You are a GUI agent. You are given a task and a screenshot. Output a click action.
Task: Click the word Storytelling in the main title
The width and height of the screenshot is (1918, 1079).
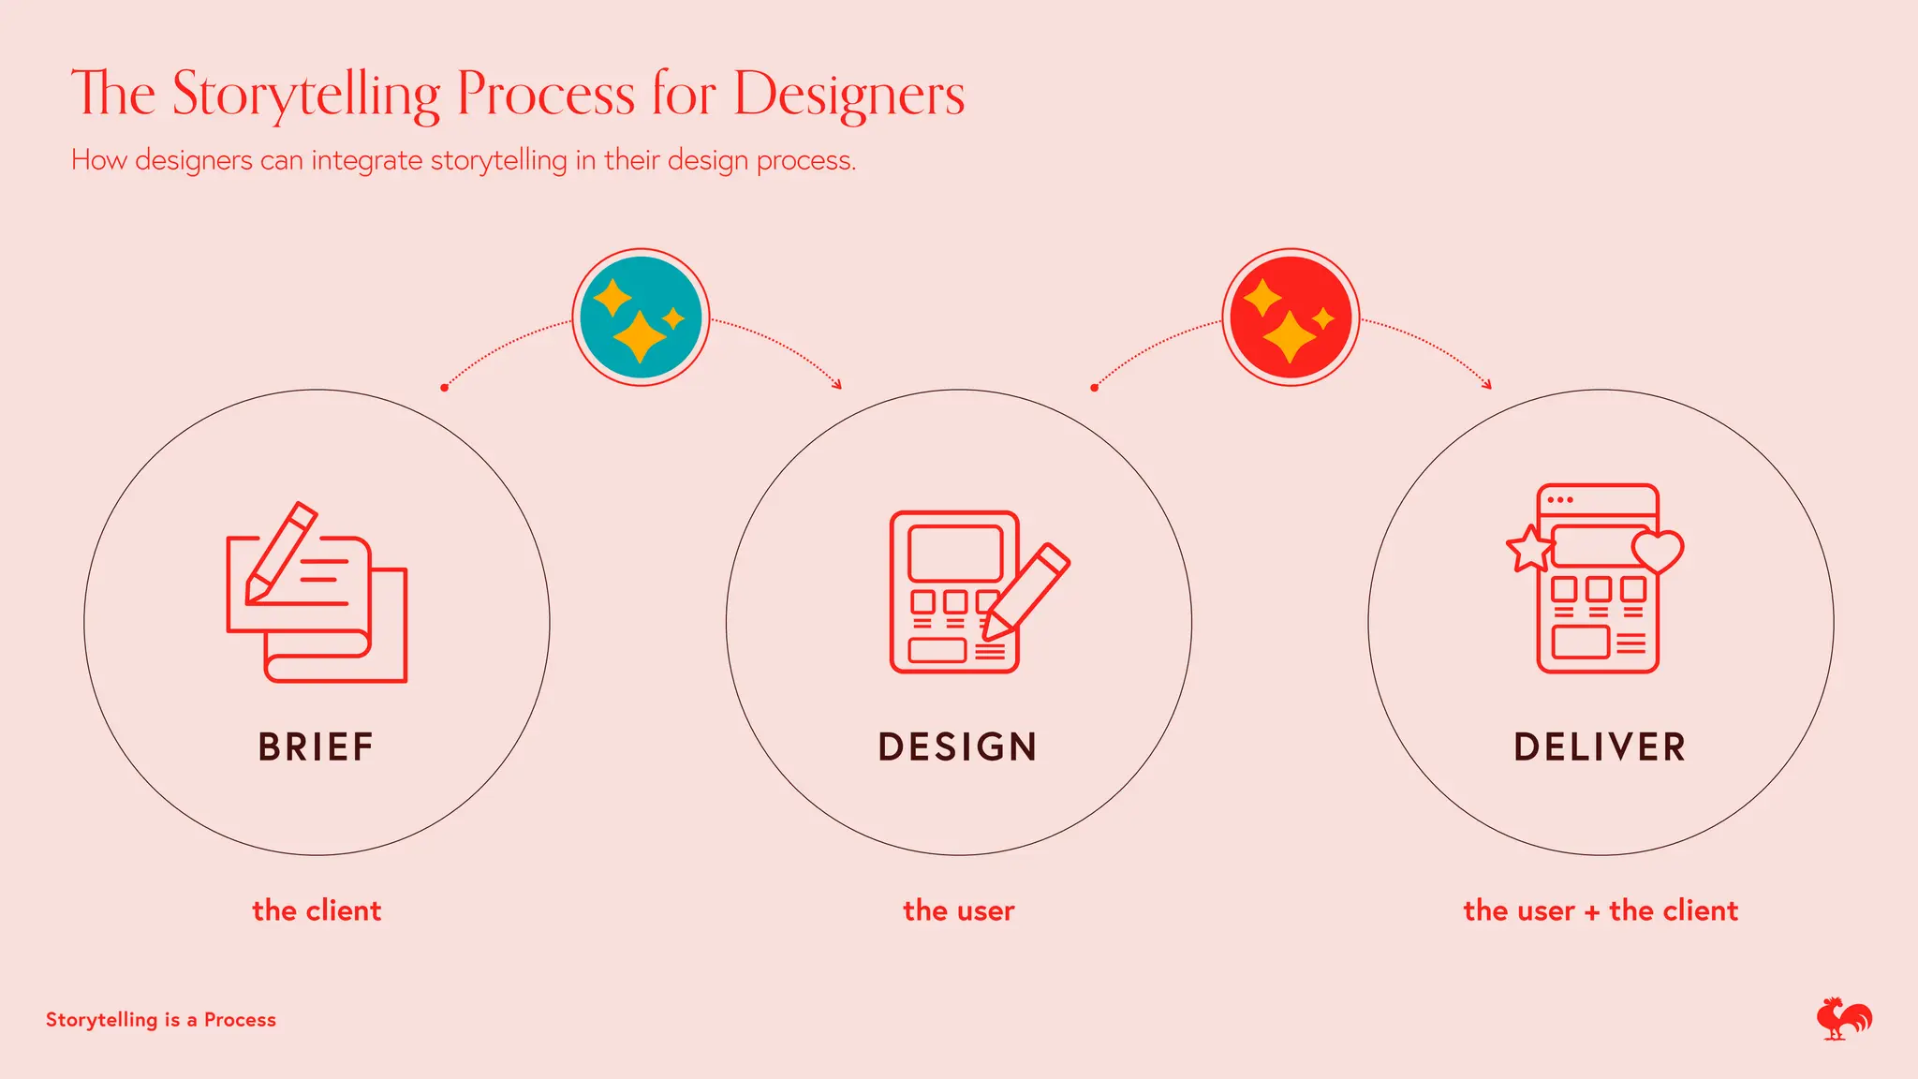click(305, 95)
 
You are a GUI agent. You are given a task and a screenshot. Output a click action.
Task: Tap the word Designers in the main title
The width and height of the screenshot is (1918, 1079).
click(848, 95)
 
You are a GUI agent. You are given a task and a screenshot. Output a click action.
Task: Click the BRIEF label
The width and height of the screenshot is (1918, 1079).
click(317, 747)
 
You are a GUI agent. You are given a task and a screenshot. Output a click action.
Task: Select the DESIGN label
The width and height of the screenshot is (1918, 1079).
click(958, 747)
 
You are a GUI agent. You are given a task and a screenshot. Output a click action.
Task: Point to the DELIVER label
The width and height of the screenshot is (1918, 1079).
click(1601, 747)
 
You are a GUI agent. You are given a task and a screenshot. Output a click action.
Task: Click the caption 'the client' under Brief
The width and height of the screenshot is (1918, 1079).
click(317, 910)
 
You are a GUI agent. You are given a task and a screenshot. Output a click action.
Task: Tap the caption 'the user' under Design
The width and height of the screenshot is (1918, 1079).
click(958, 910)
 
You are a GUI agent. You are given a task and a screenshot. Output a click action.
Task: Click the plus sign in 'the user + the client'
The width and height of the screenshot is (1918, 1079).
click(1592, 912)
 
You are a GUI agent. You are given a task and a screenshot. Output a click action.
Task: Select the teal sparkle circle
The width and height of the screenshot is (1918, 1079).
click(641, 318)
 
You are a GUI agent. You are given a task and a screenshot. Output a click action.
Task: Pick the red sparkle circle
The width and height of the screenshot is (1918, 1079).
click(1291, 318)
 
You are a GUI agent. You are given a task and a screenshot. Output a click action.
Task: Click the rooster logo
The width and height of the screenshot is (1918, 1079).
click(1843, 1019)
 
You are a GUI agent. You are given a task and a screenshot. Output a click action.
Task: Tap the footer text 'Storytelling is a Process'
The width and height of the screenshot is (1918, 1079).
click(161, 1020)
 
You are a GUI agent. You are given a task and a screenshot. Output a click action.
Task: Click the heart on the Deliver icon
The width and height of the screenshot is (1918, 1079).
click(1658, 551)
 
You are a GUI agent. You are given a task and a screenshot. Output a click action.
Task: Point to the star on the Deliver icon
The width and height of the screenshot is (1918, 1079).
click(1529, 549)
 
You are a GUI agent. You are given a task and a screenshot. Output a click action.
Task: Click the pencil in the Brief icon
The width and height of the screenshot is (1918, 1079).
click(280, 552)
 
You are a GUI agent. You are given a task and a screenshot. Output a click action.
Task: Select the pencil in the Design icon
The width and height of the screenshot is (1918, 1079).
click(1025, 592)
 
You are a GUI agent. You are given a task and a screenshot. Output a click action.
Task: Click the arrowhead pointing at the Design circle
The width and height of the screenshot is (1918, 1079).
click(837, 384)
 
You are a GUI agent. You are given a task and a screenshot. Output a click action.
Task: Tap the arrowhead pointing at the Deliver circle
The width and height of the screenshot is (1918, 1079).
click(1487, 384)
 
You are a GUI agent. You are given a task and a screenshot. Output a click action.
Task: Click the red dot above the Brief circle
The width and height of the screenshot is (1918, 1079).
click(444, 388)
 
